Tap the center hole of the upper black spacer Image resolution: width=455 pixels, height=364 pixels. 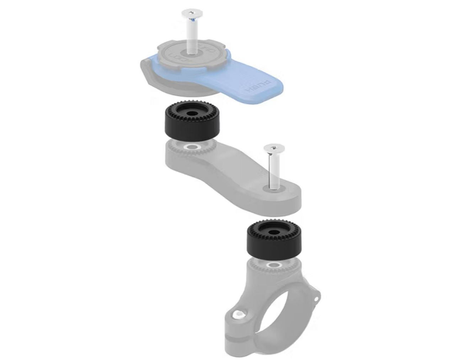coord(192,116)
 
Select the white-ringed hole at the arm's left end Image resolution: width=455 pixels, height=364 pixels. coord(192,146)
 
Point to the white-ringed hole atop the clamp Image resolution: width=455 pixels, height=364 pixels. coord(273,265)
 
